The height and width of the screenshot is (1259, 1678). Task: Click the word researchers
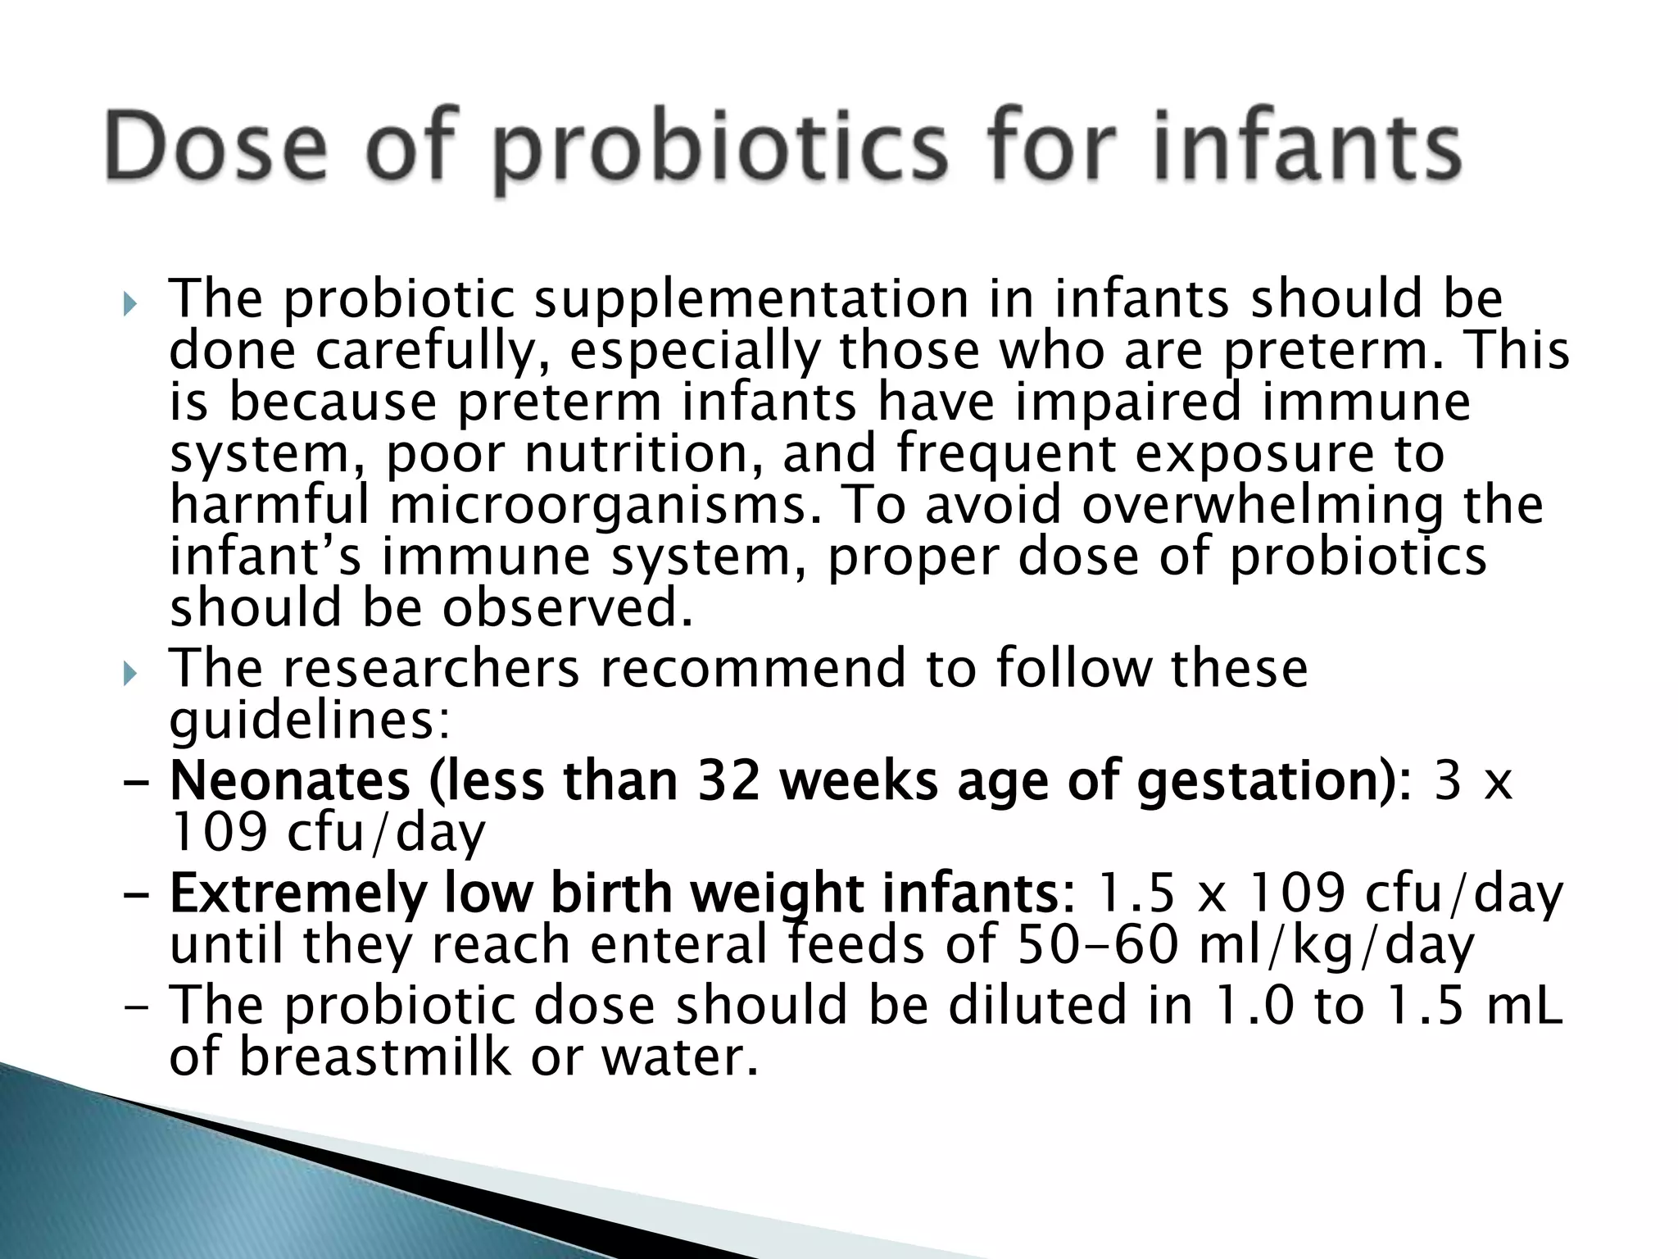click(432, 668)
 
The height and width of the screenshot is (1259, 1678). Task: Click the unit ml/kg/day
click(1336, 945)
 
